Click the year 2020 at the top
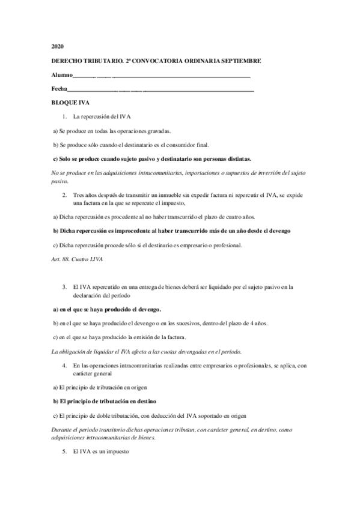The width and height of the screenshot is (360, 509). [57, 46]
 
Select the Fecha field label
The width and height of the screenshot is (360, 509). [60, 89]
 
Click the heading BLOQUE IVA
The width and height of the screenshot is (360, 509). [70, 103]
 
